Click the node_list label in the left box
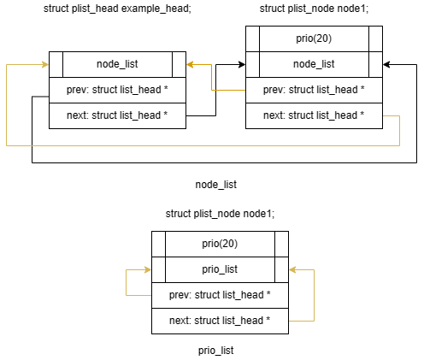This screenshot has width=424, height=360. coord(117,64)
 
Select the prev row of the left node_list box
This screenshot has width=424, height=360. coord(117,90)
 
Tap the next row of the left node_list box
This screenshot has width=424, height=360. coord(117,115)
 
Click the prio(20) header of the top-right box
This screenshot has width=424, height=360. coord(314,38)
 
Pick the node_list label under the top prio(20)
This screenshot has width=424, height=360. coord(314,64)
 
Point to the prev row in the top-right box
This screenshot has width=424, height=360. coord(314,90)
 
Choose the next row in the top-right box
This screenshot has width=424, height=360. coord(314,115)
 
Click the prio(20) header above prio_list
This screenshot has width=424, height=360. coord(220,244)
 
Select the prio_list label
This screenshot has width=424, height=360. coord(220,269)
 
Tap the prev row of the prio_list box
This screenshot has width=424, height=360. coord(220,295)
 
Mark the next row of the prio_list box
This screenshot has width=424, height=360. coord(220,321)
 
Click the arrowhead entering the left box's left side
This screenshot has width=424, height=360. coord(44,64)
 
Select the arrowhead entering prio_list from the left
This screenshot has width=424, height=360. coord(147,269)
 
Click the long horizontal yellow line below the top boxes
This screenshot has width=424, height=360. coord(205,146)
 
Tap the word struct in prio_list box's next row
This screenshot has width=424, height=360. coord(211,321)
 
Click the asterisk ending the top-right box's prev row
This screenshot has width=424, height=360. coord(362,90)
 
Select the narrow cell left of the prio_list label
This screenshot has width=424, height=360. coord(158,269)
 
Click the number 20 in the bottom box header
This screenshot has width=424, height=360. coord(227,244)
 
